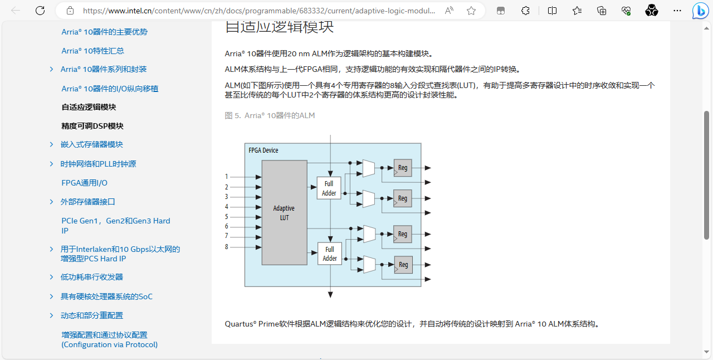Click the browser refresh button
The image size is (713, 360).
[40, 11]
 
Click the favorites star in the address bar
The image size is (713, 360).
[471, 11]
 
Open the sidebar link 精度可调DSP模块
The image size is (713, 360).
[92, 126]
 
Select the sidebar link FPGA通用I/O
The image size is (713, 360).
[85, 183]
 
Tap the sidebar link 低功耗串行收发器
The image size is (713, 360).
[92, 277]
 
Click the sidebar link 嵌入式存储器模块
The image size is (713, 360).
[92, 144]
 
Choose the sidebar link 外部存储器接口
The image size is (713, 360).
[88, 202]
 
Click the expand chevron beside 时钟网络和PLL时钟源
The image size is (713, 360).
[51, 164]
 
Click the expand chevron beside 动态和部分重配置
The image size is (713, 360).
[51, 315]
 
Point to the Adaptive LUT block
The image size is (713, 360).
[284, 212]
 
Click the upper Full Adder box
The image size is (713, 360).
[329, 188]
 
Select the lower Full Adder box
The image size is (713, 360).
[330, 254]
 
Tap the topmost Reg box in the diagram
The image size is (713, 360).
[403, 168]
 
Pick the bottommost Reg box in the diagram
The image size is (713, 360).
[403, 265]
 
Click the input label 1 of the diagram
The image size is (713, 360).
[227, 177]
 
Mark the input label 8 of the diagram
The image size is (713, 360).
[227, 246]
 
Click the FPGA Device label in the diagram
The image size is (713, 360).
[263, 150]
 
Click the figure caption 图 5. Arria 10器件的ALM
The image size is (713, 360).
[270, 115]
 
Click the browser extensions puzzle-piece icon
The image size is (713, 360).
[525, 11]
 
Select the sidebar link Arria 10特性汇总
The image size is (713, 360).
[93, 51]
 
